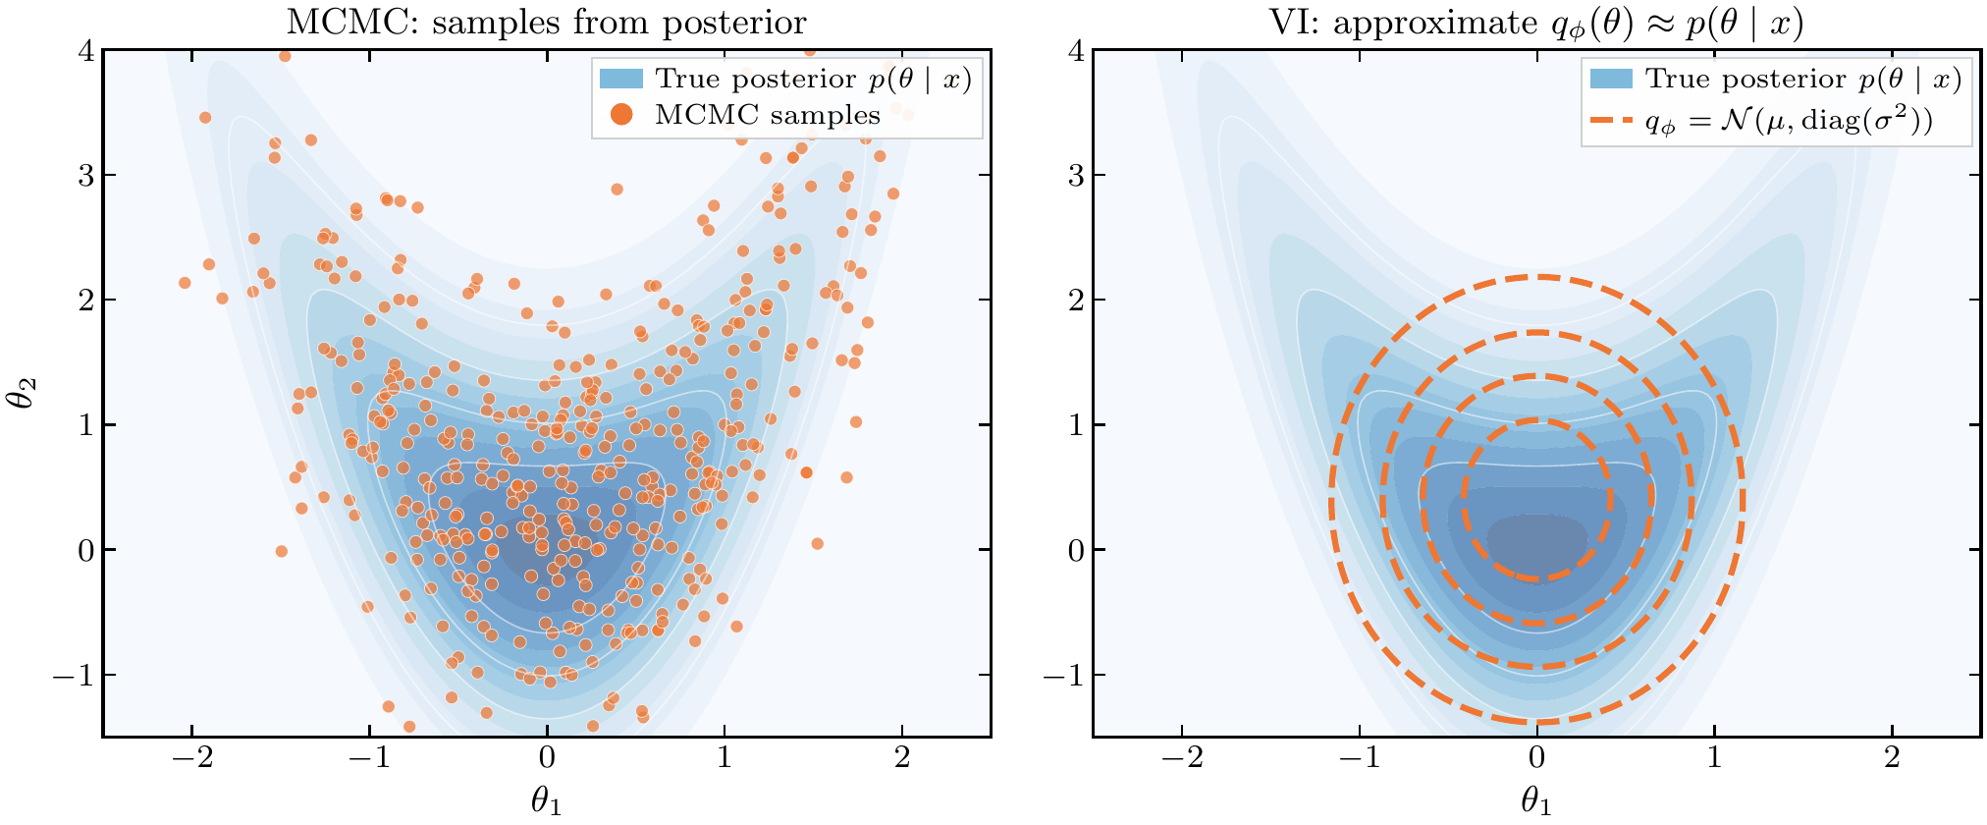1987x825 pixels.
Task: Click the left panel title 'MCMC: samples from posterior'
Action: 546,22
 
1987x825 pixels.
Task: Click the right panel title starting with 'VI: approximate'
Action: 1535,22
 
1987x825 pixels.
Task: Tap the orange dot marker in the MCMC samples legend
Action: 620,115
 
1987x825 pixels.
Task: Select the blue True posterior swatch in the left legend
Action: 620,79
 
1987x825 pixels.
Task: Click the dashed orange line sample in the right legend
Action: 1610,123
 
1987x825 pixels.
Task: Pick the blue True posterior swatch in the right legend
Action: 1610,79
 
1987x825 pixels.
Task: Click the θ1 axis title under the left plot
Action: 547,802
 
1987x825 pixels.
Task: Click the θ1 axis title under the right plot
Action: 1536,802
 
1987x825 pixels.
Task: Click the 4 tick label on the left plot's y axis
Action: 85,50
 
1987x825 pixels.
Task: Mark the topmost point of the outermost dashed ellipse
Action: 1537,277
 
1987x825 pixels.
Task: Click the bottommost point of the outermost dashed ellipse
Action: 1537,723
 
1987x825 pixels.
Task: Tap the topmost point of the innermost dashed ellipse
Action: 1537,420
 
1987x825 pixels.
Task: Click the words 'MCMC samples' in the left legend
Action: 768,115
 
